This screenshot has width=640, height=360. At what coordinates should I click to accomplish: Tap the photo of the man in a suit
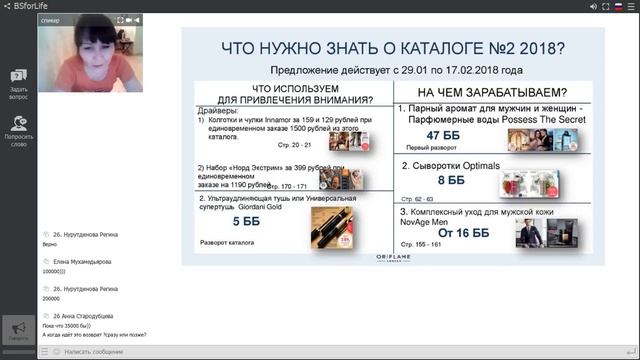[x=532, y=232]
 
